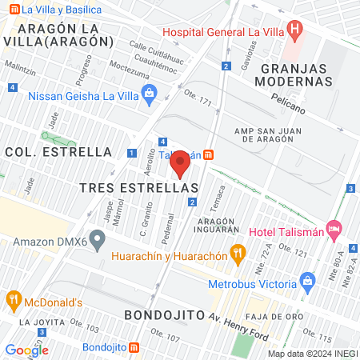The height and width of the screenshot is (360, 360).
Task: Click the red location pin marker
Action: (180, 164)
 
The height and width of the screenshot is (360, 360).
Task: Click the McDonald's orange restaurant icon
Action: (13, 302)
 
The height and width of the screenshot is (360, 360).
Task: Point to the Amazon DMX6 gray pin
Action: (98, 238)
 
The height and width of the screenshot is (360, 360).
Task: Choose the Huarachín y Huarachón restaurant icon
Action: (237, 255)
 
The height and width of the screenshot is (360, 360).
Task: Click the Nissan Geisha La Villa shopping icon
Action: (149, 96)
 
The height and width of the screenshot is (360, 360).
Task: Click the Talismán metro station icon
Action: (208, 154)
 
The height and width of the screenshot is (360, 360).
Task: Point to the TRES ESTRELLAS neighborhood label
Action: (138, 186)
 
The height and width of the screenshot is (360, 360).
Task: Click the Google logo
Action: (26, 350)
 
